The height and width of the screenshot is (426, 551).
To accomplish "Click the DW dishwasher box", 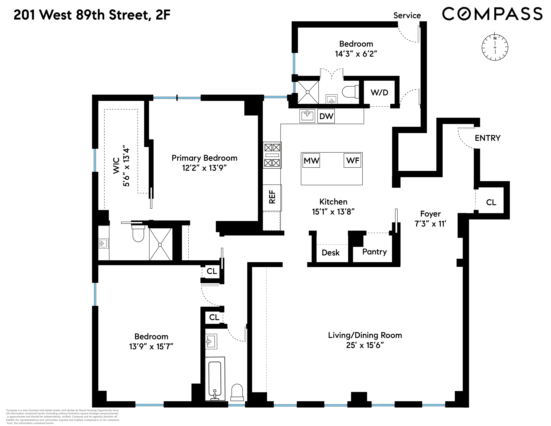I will (326, 116).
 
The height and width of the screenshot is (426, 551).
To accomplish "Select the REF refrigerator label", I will (272, 197).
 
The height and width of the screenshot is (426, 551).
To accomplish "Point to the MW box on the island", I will (311, 161).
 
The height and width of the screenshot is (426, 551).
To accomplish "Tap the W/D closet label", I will (379, 93).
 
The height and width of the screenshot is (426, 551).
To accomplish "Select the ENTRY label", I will (487, 138).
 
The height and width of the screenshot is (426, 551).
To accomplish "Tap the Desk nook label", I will (330, 253).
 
